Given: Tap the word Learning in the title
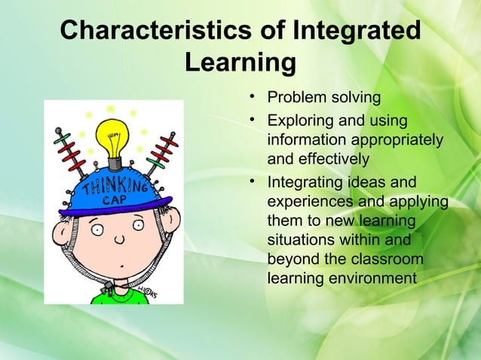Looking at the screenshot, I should click(240, 63).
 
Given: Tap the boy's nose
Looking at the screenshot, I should click(118, 242).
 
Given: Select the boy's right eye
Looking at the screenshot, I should click(138, 225).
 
